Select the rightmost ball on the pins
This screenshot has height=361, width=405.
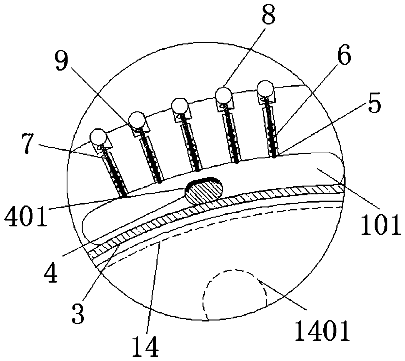tap(265, 89)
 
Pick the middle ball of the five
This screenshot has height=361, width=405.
tap(179, 106)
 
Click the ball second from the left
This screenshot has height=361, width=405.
tap(137, 120)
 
